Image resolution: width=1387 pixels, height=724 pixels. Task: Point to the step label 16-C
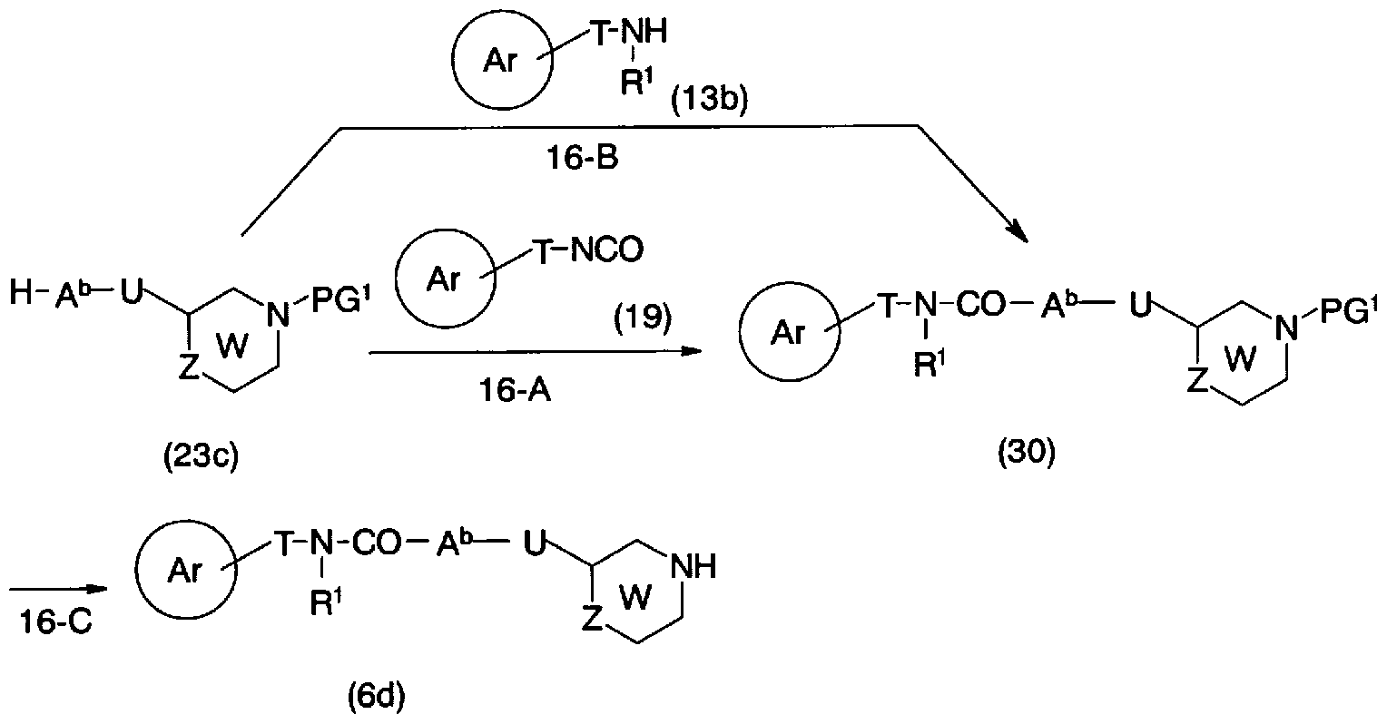coord(54,627)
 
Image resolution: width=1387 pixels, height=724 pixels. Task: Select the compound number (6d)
coord(375,700)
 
